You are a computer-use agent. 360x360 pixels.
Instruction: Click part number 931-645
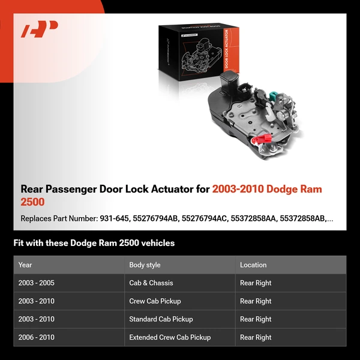(x=113, y=218)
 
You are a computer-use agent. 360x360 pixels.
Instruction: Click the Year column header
(x=25, y=265)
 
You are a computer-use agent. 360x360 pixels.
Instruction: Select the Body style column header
(x=145, y=265)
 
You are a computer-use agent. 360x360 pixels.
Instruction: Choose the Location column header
(x=253, y=265)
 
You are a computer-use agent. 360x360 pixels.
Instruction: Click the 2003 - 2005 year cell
(x=36, y=283)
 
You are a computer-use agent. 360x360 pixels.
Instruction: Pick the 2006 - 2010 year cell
(x=36, y=337)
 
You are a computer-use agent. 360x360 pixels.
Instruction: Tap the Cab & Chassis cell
(x=151, y=283)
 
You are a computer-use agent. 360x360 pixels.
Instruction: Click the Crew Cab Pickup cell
(x=155, y=301)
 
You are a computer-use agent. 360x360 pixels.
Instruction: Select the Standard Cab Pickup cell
(x=161, y=319)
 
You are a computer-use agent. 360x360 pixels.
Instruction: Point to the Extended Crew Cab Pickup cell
(x=170, y=337)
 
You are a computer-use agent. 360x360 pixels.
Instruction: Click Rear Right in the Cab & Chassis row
(x=256, y=283)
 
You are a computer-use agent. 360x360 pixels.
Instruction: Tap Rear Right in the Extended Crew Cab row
(x=256, y=337)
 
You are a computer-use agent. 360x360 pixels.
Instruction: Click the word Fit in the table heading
(x=19, y=243)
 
